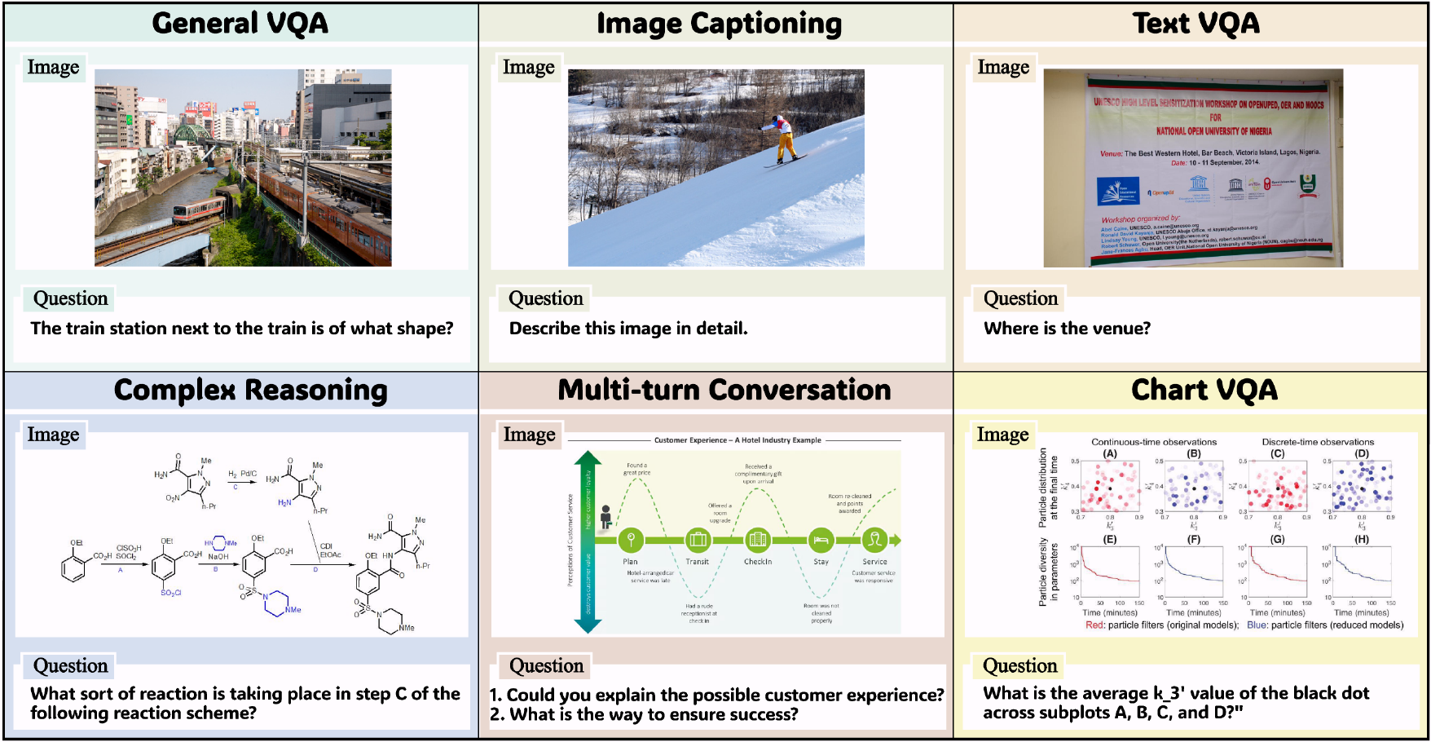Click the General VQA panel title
tap(240, 23)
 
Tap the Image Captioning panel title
tap(719, 24)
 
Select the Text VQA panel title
tap(1195, 23)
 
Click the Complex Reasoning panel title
tap(250, 390)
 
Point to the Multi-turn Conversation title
tap(724, 390)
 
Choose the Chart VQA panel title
tap(1204, 390)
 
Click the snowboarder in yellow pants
tap(784, 139)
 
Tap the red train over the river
tap(198, 210)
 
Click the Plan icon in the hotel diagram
tap(631, 540)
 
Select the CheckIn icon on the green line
tap(757, 540)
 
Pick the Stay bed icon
tap(821, 540)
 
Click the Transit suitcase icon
tap(698, 540)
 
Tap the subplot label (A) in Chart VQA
tap(1110, 453)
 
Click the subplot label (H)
tap(1362, 539)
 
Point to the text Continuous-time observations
tap(1154, 442)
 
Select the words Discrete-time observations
tap(1318, 442)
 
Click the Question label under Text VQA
tap(1020, 298)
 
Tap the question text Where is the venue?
tap(1067, 329)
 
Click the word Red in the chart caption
tap(1094, 625)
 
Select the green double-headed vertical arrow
tap(588, 541)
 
